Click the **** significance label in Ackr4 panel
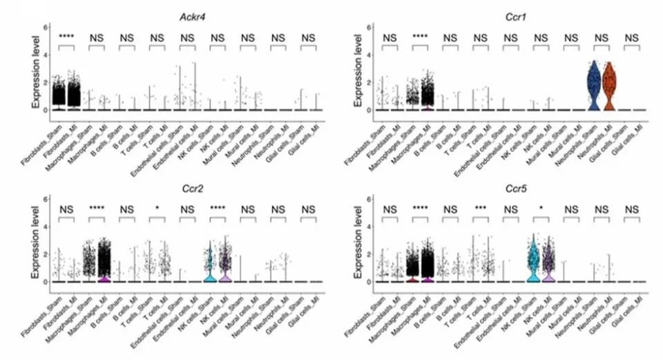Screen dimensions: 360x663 (x=66, y=37)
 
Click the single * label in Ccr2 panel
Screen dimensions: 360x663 (x=158, y=209)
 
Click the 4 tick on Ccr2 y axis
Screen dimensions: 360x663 (x=46, y=227)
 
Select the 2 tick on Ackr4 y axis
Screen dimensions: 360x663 (x=46, y=82)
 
